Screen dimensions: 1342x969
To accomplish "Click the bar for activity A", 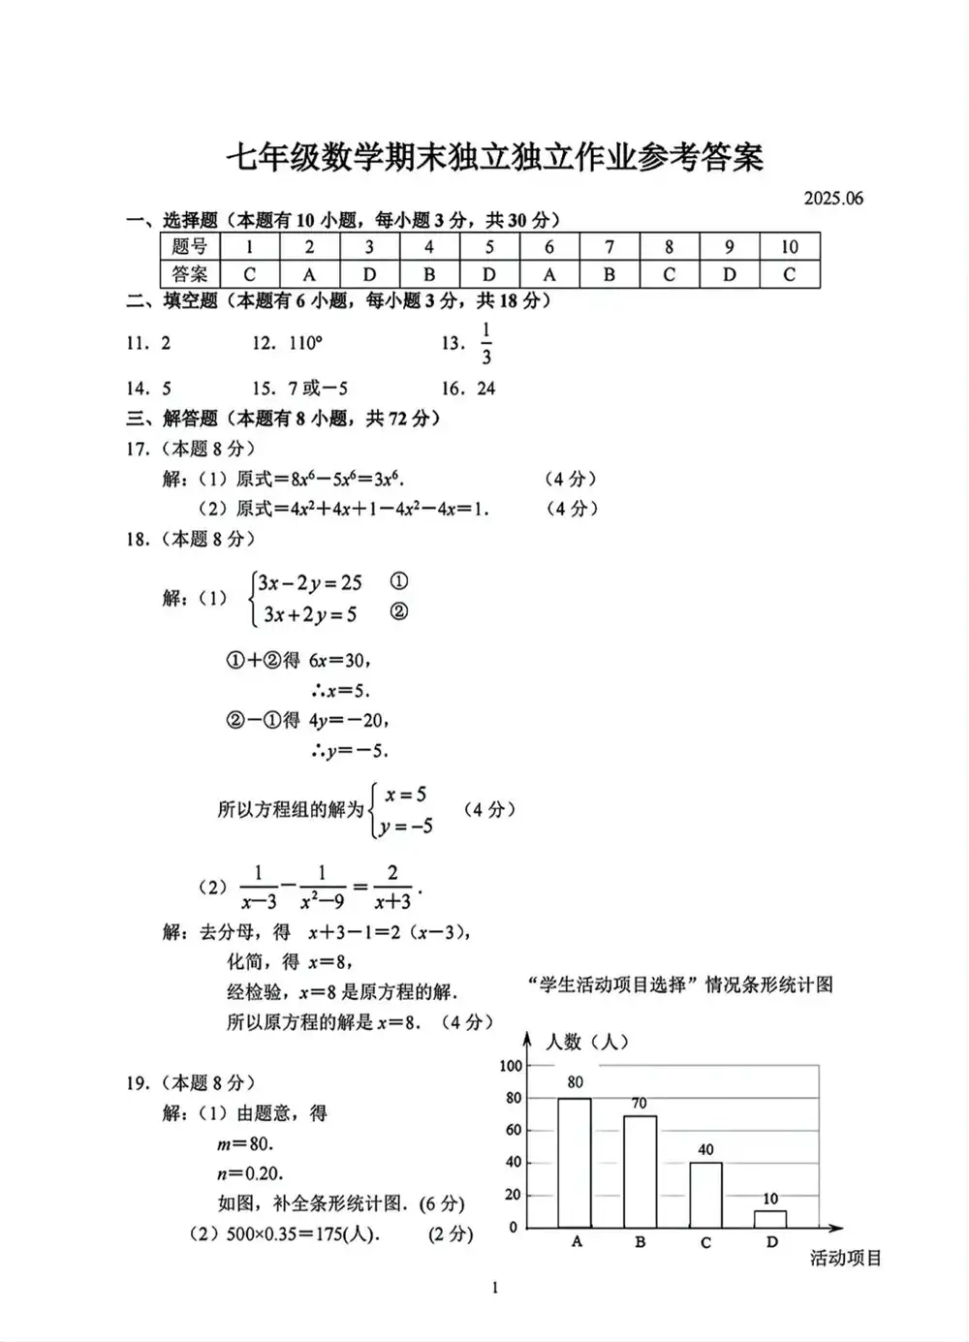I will point(575,1163).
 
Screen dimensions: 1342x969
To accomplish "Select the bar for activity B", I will point(640,1171).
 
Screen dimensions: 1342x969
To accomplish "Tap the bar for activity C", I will point(705,1195).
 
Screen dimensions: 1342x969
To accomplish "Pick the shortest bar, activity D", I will point(770,1219).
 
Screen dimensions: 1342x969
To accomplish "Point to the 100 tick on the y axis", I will point(511,1066).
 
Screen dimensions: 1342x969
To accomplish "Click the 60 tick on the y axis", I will point(513,1130).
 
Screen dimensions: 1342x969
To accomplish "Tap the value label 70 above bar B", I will point(640,1103).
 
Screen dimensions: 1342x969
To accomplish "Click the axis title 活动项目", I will point(846,1259).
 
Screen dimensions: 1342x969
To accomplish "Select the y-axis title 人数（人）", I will point(587,1042).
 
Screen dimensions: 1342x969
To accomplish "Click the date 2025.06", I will point(833,199).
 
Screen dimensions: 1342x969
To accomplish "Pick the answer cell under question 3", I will point(369,274).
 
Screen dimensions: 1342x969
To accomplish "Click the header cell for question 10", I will point(790,247).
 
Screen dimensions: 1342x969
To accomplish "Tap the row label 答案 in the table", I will point(190,274).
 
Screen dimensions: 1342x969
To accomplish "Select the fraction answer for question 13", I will point(485,344).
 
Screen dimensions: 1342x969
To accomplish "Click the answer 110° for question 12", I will point(305,343).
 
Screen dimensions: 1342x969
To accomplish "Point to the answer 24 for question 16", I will point(486,389).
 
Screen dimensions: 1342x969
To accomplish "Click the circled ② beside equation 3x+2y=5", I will point(398,611).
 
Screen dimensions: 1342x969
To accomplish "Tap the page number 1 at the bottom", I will point(495,1288).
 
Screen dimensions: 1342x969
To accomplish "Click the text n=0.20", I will point(250,1173).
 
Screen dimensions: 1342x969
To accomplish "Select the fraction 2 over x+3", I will point(392,888).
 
